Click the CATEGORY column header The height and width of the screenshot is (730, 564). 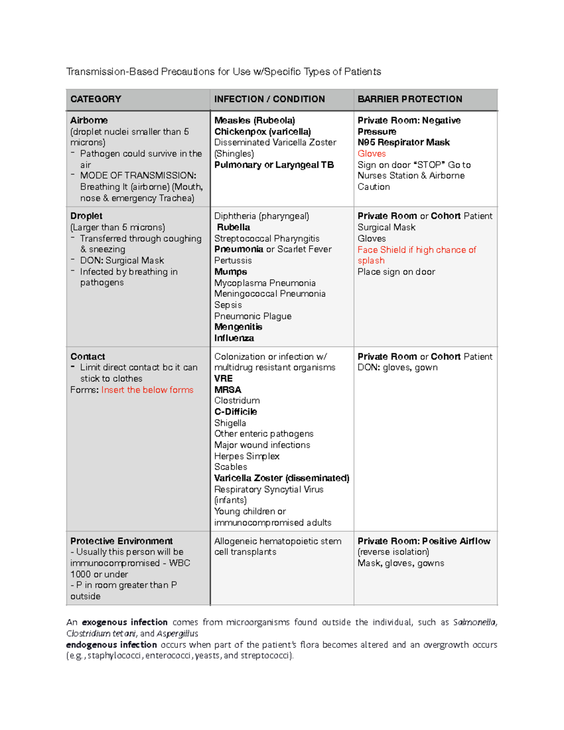(x=96, y=99)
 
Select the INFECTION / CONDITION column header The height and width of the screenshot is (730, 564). (x=269, y=99)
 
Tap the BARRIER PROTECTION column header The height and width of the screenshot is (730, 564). (x=409, y=99)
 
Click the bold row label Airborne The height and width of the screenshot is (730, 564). (x=89, y=120)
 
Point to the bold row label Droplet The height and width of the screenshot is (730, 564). (x=86, y=216)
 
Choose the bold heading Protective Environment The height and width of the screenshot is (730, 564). (x=121, y=541)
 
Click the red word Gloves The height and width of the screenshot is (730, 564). (x=371, y=154)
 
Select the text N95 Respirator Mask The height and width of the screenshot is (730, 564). (x=403, y=142)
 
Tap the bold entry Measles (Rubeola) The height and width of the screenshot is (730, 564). (x=254, y=120)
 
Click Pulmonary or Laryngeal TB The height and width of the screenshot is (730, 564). (x=274, y=165)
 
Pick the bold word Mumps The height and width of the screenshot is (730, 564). (x=230, y=272)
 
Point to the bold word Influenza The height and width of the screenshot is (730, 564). (x=234, y=338)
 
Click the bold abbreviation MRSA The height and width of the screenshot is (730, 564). (x=227, y=390)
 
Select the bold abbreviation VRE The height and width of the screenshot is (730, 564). (x=223, y=378)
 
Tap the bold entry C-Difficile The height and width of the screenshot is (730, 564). (x=235, y=412)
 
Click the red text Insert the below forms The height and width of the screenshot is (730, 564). (x=147, y=390)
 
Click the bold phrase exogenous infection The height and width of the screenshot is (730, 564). (x=125, y=622)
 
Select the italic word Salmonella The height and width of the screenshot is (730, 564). (x=474, y=622)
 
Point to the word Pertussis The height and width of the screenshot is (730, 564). (x=233, y=260)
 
